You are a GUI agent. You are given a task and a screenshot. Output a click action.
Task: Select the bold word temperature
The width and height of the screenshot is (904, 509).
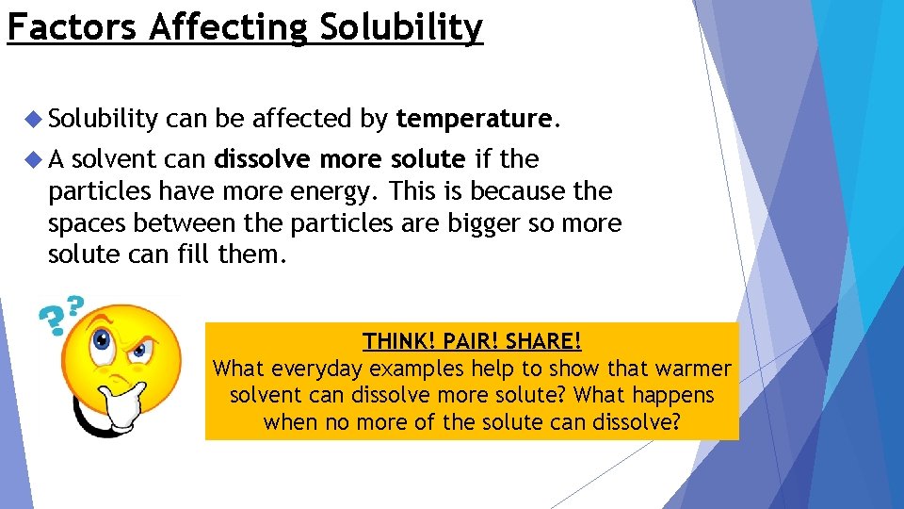click(473, 119)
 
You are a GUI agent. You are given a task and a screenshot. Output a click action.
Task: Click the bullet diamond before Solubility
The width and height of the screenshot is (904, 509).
click(35, 119)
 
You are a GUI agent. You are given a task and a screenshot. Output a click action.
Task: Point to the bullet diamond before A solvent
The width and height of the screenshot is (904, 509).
click(35, 159)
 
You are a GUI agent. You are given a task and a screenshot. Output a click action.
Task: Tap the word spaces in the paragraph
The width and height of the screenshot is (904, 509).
click(89, 223)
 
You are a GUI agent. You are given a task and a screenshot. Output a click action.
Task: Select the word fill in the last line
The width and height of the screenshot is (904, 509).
click(195, 255)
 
